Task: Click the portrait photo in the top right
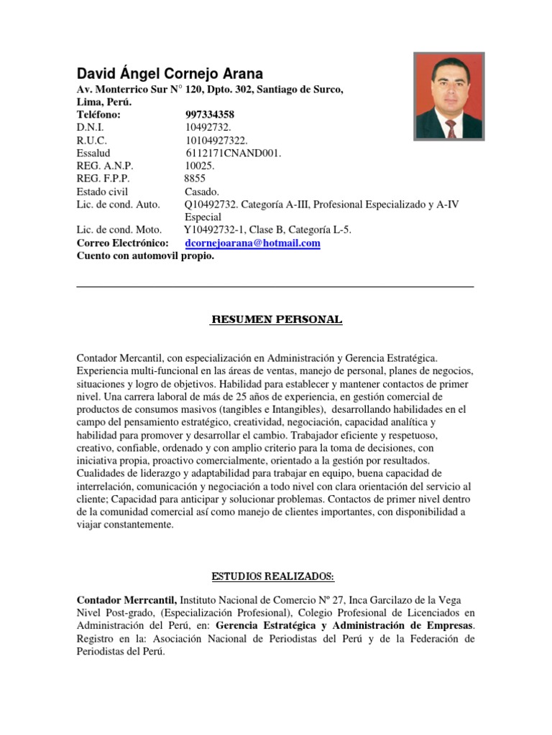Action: (x=449, y=95)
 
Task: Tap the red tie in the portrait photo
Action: (x=451, y=128)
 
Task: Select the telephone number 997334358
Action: (x=209, y=115)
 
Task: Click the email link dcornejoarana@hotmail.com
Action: (x=252, y=243)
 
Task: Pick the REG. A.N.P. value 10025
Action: (x=200, y=166)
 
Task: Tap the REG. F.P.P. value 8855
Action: (x=195, y=179)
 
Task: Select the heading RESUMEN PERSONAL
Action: (x=276, y=319)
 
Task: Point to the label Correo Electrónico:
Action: (x=122, y=243)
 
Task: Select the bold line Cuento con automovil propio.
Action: (x=145, y=256)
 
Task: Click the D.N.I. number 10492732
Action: (x=208, y=128)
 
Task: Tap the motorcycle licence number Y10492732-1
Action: (x=215, y=230)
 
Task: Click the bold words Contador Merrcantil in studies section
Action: (x=126, y=599)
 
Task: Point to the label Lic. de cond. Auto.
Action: (x=118, y=205)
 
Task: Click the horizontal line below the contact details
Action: (x=275, y=287)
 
